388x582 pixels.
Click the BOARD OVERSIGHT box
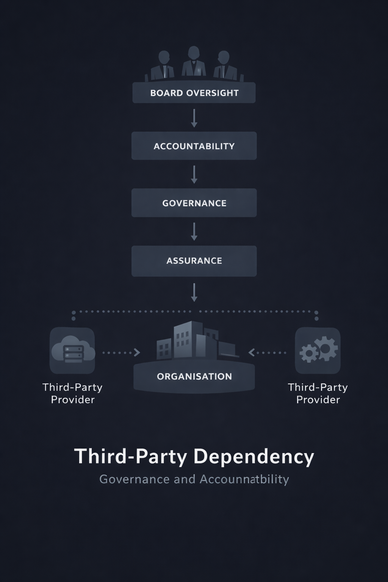(x=194, y=93)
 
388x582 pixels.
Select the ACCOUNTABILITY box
(x=194, y=146)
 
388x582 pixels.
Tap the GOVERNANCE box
(x=194, y=203)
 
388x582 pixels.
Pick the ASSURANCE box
(x=194, y=261)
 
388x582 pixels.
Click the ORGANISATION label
(x=194, y=376)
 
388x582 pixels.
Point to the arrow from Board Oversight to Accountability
(x=194, y=118)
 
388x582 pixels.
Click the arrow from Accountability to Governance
(x=194, y=174)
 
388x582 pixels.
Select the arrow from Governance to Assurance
(x=194, y=232)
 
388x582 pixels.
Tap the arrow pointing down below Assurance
(x=194, y=292)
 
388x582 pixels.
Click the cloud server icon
(x=72, y=350)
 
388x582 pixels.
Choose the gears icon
(x=318, y=350)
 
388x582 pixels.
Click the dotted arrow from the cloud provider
(x=121, y=353)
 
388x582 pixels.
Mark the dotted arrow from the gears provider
(x=268, y=353)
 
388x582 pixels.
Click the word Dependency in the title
(x=254, y=457)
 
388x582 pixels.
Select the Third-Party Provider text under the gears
(x=318, y=393)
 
